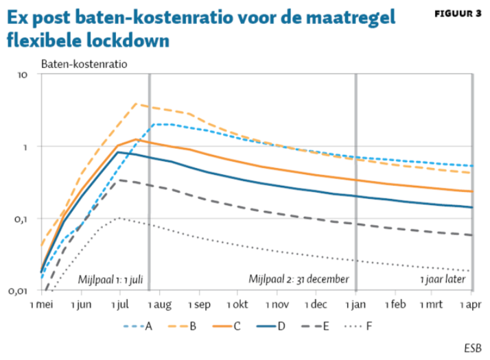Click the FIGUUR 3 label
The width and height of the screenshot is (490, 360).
point(458,14)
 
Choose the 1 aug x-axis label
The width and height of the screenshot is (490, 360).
point(159,303)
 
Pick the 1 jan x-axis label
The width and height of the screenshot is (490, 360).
point(355,303)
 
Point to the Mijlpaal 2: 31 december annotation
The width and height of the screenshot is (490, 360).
point(299,280)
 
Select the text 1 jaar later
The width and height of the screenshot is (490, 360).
point(443,280)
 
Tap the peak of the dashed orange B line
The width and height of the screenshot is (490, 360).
point(137,104)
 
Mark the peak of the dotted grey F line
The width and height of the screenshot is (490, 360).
point(119,217)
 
